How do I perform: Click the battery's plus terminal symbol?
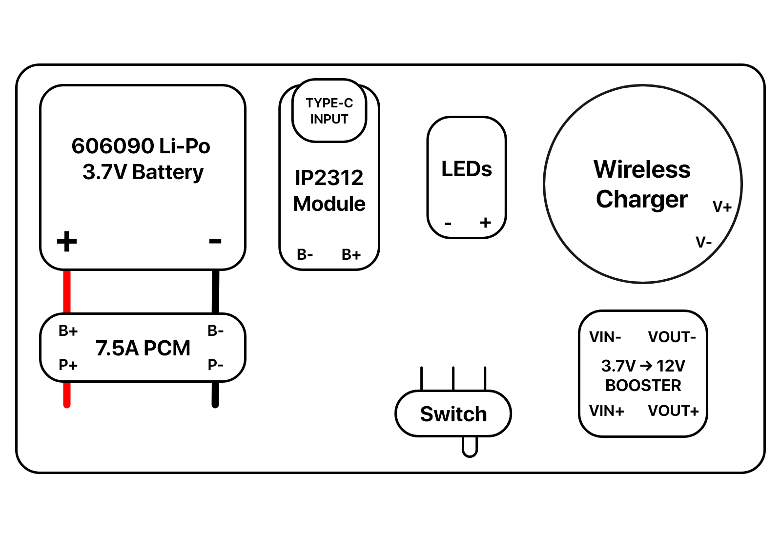click(66, 241)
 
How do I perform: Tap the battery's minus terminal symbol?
click(215, 241)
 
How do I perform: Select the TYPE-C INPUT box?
click(329, 110)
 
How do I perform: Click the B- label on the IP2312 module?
click(305, 254)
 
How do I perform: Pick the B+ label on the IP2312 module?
click(351, 254)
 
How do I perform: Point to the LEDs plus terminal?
click(485, 222)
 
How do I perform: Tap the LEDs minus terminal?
click(448, 223)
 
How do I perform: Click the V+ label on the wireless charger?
click(722, 207)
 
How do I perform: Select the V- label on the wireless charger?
click(703, 242)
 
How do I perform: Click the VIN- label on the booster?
click(605, 337)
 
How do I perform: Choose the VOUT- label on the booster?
click(672, 337)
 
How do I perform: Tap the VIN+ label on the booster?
click(607, 411)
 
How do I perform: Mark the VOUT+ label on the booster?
click(673, 411)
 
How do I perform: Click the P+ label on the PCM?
click(68, 365)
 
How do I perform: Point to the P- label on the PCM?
click(215, 365)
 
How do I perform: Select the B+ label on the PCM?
click(68, 330)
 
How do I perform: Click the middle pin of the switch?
click(453, 378)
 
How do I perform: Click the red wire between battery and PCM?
click(66, 291)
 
